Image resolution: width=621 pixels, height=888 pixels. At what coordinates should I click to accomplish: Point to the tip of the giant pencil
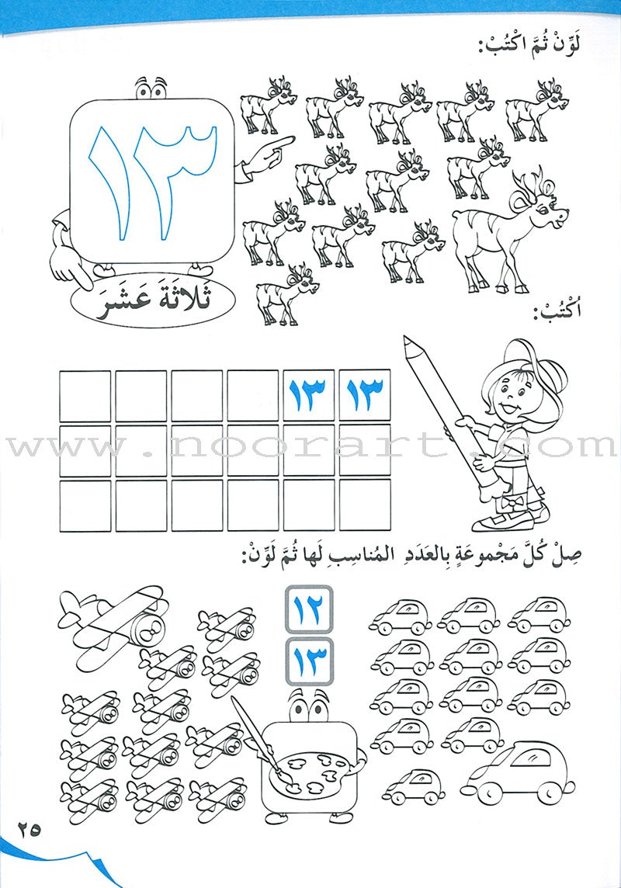pyautogui.click(x=408, y=342)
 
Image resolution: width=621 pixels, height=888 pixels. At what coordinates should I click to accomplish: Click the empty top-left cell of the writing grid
pyautogui.click(x=85, y=396)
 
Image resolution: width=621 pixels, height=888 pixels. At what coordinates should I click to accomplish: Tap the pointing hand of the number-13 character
pyautogui.click(x=272, y=148)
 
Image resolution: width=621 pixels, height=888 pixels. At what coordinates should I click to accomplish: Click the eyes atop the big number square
pyautogui.click(x=151, y=88)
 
